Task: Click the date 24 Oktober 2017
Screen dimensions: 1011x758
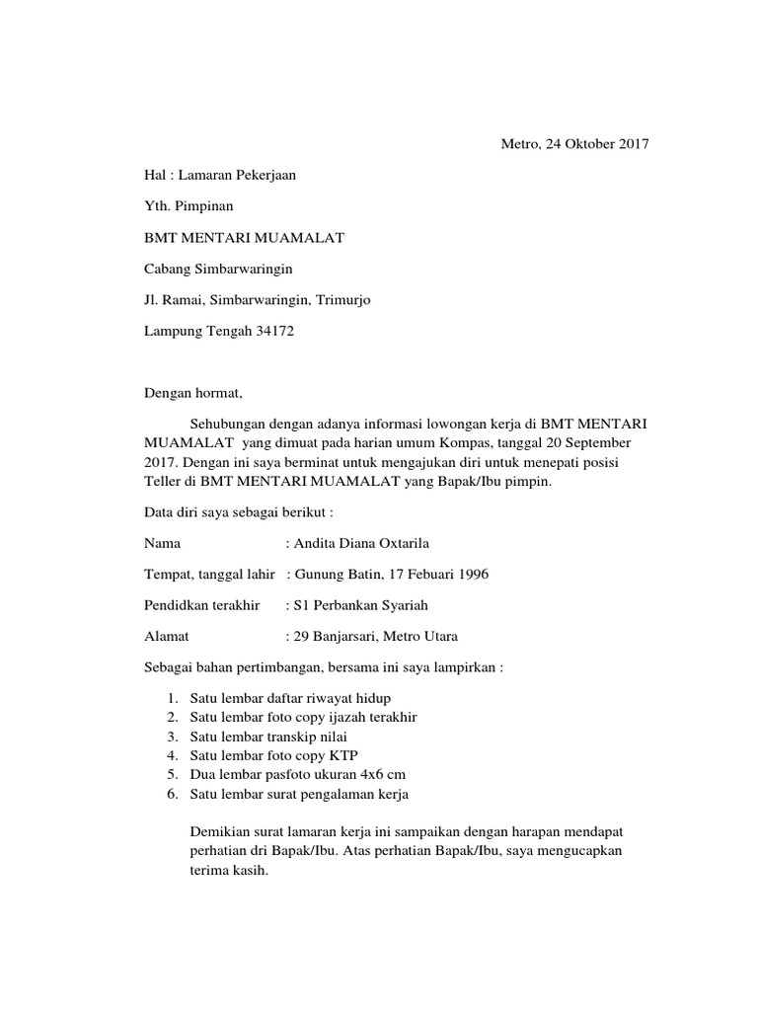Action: (591, 145)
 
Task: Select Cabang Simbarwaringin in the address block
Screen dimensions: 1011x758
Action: (218, 269)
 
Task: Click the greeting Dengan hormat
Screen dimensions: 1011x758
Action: (192, 393)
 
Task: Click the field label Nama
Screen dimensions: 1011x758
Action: (163, 543)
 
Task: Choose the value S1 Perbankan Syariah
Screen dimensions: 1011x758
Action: (360, 605)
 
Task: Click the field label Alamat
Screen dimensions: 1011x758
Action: (167, 637)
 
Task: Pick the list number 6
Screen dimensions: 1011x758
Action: (171, 794)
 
